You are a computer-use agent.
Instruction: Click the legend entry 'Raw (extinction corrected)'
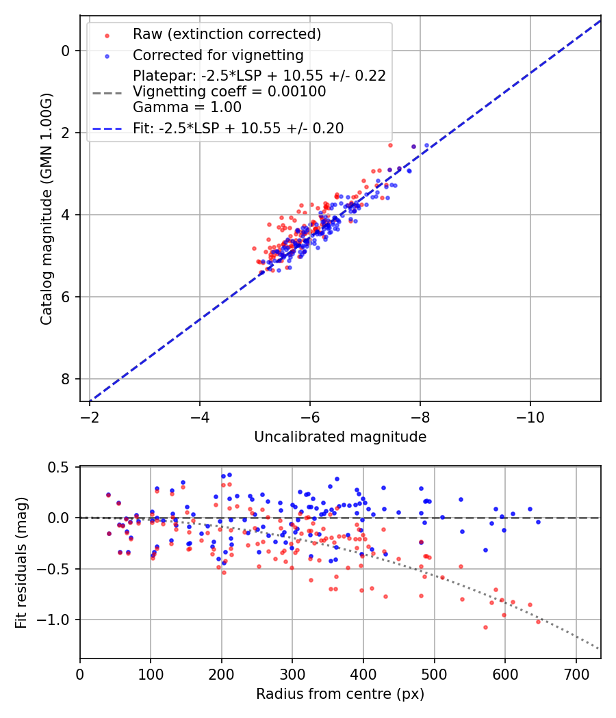click(227, 34)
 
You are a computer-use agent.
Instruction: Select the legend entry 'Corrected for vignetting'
click(218, 55)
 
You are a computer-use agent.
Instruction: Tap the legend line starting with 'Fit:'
click(238, 128)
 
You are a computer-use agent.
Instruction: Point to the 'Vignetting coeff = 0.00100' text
click(229, 91)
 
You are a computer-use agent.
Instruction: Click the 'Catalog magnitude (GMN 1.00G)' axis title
click(47, 209)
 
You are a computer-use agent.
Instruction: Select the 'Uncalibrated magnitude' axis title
click(340, 437)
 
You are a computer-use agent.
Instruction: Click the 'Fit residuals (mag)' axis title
click(21, 563)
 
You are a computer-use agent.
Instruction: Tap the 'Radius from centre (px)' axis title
click(340, 694)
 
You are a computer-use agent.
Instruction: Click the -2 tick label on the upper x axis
click(90, 416)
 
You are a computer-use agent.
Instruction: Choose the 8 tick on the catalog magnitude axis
click(66, 379)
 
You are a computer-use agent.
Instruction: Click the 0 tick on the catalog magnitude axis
click(66, 51)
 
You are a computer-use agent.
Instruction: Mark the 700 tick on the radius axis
click(576, 674)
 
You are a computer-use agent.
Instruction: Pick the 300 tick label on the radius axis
click(292, 674)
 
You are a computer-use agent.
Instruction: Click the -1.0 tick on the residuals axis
click(55, 620)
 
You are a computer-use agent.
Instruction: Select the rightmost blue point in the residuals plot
click(538, 522)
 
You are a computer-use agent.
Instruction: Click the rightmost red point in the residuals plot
click(538, 622)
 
